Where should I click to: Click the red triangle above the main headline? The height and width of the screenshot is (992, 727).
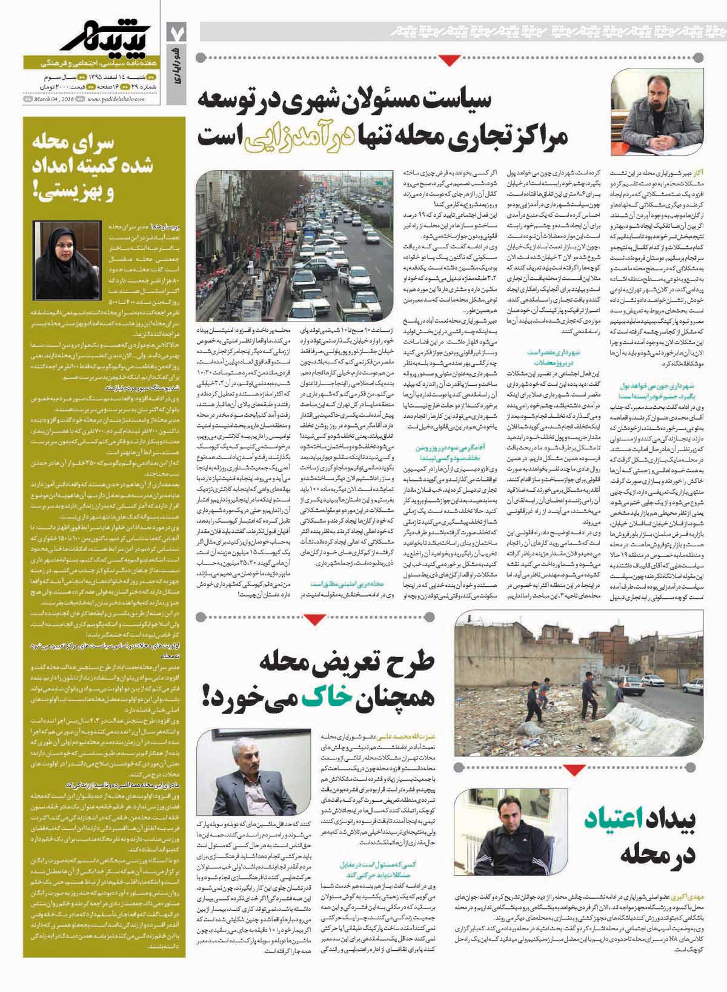448,59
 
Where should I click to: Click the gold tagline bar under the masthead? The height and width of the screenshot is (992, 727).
91,63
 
